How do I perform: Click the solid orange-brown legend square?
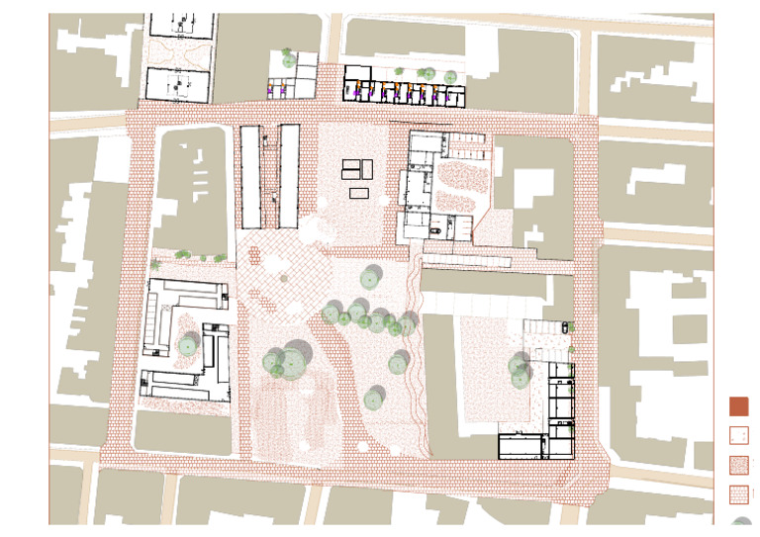pyautogui.click(x=738, y=406)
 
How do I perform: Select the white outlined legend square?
pyautogui.click(x=738, y=435)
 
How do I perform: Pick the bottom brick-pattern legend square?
pyautogui.click(x=738, y=493)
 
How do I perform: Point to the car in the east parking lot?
pyautogui.click(x=565, y=325)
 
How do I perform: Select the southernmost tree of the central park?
pyautogui.click(x=373, y=399)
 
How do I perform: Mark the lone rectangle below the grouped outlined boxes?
pyautogui.click(x=358, y=193)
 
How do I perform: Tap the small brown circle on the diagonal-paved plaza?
pyautogui.click(x=284, y=279)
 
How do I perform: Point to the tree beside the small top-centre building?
pyautogui.click(x=288, y=59)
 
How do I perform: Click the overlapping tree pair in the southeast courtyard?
pyautogui.click(x=521, y=370)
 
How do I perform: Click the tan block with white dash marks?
pyautogui.click(x=194, y=188)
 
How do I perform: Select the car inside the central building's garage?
pyautogui.click(x=436, y=229)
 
